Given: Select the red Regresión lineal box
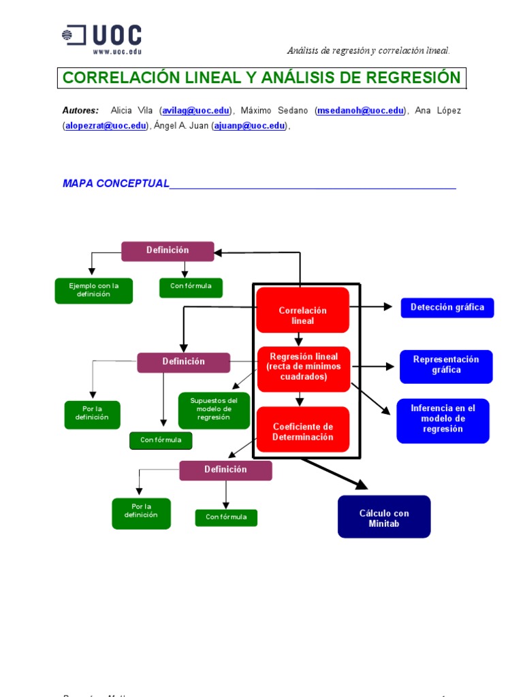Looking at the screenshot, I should coord(303,368).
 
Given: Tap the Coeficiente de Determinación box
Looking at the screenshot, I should coord(303,432).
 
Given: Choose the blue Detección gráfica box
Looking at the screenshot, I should coord(447,308).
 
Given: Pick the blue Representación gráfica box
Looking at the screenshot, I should coord(446,366).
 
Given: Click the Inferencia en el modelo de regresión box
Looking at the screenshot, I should coord(443,420).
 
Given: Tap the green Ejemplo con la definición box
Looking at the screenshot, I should coord(93,291).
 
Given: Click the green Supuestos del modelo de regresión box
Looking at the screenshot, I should coord(213,410).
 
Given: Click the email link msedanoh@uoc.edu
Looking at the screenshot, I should coord(362,111).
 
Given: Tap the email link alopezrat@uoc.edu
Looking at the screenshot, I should coord(106,126).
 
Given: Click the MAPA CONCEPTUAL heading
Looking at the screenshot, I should coord(116,184).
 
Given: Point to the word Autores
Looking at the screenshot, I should coord(80,111).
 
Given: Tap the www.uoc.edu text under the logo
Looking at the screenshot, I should coord(116,51).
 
